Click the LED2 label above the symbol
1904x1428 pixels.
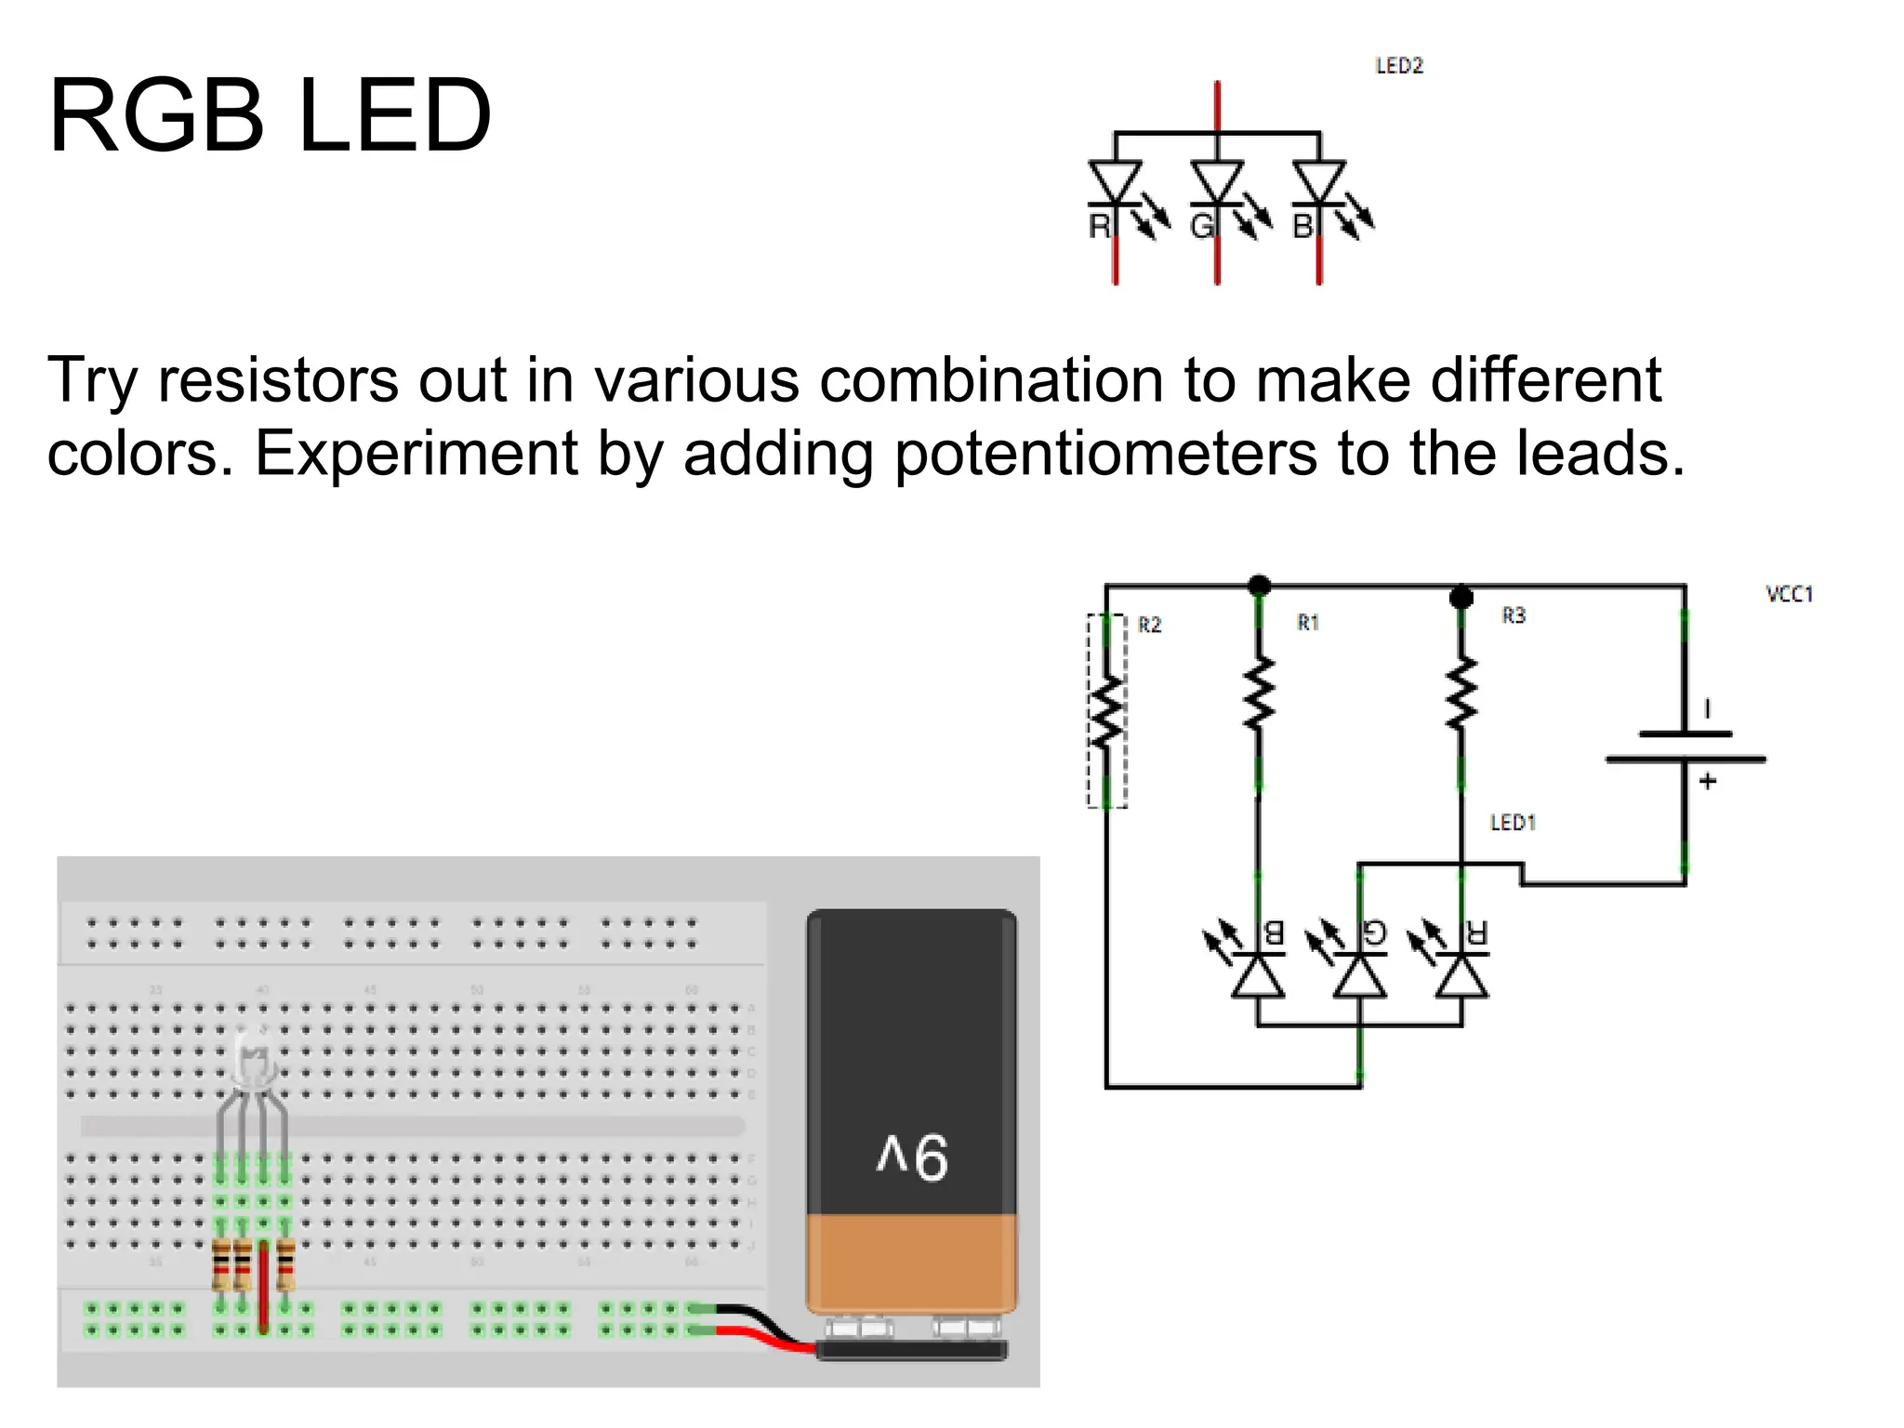tap(1398, 66)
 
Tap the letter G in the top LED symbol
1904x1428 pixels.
tap(1202, 226)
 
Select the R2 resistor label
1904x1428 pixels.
tap(1149, 625)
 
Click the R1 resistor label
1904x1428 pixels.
tap(1307, 623)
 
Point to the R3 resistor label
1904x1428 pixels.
tap(1513, 615)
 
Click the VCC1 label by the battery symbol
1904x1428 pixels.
tap(1789, 594)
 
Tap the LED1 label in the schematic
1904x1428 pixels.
tap(1513, 823)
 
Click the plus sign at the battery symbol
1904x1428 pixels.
tap(1707, 782)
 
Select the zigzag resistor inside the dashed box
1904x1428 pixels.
tap(1106, 712)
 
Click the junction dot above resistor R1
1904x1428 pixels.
tap(1259, 586)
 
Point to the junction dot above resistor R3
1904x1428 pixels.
tap(1461, 596)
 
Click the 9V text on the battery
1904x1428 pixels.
tap(912, 1157)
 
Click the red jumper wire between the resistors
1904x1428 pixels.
tap(263, 1288)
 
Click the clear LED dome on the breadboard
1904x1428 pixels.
tap(252, 1060)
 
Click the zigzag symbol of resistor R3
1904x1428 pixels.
tap(1461, 692)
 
